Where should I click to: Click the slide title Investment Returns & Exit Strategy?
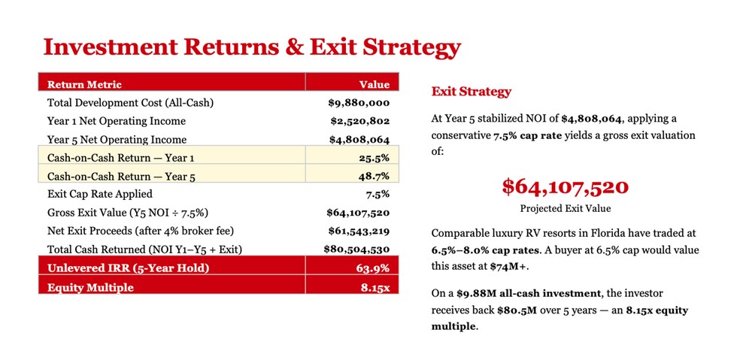(251, 47)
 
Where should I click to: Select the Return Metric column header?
(84, 84)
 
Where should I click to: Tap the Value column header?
(375, 84)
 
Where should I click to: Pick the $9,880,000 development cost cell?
(359, 103)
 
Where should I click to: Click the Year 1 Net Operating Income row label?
(117, 121)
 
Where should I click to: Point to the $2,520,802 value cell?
(360, 121)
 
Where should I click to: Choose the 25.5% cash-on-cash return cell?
(374, 158)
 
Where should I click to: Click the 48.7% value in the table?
(374, 176)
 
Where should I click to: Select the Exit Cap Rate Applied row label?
(100, 194)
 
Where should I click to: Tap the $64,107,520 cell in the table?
(358, 213)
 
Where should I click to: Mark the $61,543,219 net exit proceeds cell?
(359, 231)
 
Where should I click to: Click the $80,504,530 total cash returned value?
(356, 249)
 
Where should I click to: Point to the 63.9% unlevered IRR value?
(373, 268)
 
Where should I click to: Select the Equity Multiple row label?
(90, 287)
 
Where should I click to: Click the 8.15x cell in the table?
(375, 287)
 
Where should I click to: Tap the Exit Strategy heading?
(472, 92)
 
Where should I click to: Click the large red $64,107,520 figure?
(566, 187)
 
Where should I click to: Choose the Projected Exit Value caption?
(566, 208)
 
